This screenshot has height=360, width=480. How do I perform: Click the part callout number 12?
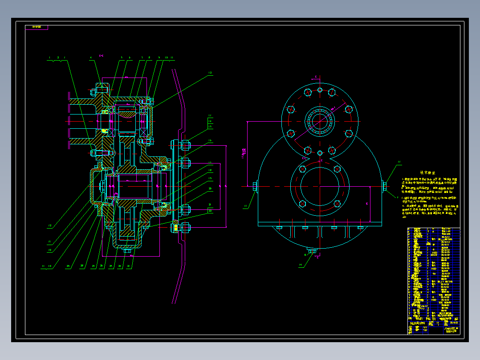click(x=210, y=73)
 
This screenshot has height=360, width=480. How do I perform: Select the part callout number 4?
click(x=91, y=57)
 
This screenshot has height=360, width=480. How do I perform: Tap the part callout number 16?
click(x=210, y=141)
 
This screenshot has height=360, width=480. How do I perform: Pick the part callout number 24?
click(x=122, y=266)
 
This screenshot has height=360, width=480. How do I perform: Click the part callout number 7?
click(x=142, y=57)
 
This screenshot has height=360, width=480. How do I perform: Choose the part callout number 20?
click(x=210, y=189)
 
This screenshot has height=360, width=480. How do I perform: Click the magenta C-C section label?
click(x=101, y=56)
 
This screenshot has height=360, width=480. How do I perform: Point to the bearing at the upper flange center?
click(x=320, y=120)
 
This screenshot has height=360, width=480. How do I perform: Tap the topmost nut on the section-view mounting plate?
click(x=185, y=144)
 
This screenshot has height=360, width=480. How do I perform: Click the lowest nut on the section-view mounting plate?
click(x=185, y=228)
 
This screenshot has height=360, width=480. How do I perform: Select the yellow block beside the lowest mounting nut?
click(x=176, y=228)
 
